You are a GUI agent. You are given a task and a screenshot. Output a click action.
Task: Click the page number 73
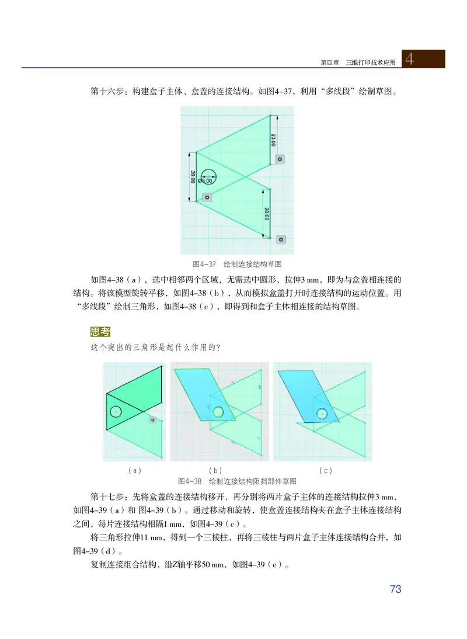point(395,589)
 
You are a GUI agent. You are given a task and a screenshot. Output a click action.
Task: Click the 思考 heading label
point(100,332)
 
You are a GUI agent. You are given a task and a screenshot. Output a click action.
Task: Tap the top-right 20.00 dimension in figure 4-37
point(273,140)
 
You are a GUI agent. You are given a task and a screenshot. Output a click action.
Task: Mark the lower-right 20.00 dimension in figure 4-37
point(267,213)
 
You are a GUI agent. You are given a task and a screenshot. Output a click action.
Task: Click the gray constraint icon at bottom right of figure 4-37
point(281,239)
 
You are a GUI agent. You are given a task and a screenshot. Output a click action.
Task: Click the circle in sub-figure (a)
point(116,412)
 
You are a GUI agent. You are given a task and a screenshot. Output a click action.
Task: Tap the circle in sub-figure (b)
point(219,412)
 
